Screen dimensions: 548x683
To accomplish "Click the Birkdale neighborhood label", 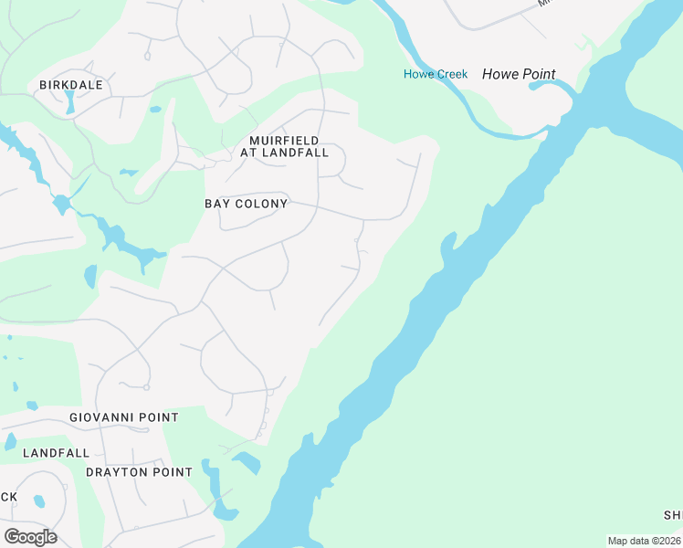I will tap(70, 85).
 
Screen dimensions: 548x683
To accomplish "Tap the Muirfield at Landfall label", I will tap(284, 146).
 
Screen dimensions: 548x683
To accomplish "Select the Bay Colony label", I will tap(246, 204).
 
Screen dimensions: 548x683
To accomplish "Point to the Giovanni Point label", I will tap(124, 417).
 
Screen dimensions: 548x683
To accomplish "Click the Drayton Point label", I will tap(139, 472).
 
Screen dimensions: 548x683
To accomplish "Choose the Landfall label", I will tap(57, 453).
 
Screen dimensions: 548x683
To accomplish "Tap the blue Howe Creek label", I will tap(436, 74).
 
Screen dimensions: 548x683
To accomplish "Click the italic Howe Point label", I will tap(519, 74).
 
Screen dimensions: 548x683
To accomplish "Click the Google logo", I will tap(30, 536).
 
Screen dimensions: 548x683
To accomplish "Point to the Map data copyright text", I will tap(644, 541).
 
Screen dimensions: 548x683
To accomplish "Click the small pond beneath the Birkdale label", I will tap(70, 102).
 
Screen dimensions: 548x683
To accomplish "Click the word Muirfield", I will tap(284, 140).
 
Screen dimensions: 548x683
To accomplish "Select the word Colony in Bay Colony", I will tap(260, 204).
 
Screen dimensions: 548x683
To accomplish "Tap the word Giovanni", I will tap(103, 417).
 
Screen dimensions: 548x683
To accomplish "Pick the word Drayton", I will tap(117, 472).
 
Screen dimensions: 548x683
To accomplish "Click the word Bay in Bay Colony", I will tap(216, 204).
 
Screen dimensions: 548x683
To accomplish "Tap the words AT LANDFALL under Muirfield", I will tap(284, 153).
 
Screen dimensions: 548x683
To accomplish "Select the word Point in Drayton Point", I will tap(173, 472).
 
